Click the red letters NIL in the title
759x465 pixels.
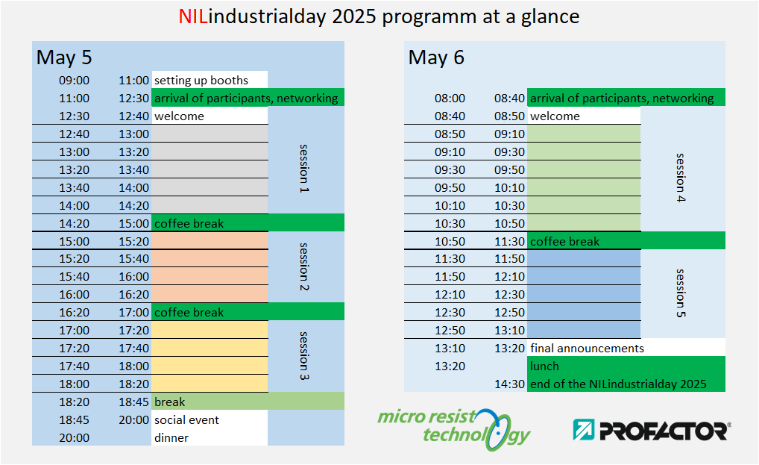192,16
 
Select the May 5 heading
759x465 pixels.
64,57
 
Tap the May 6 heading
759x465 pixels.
436,57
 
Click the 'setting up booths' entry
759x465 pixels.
201,81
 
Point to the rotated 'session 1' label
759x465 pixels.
304,169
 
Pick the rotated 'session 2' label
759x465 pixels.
304,267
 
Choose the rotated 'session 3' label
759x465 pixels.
304,356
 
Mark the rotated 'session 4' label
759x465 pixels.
681,178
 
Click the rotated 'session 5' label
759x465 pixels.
681,293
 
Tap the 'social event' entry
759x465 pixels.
187,420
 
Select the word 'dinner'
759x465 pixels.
171,438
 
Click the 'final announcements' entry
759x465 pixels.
588,349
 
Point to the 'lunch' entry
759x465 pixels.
544,366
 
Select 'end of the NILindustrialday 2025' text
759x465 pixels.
619,384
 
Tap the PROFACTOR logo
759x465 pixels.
652,430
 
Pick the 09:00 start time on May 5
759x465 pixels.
74,81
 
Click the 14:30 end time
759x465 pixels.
509,384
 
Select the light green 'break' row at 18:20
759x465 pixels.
248,402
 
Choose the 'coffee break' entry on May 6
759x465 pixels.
565,241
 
